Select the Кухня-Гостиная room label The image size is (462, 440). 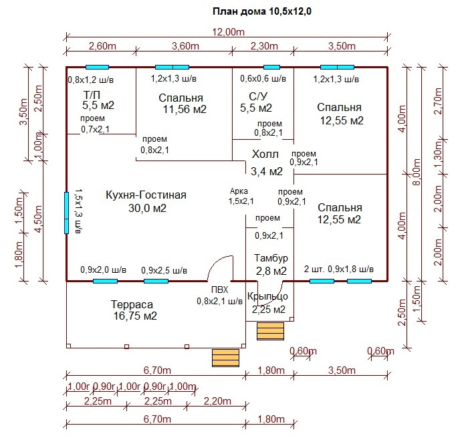[146, 195]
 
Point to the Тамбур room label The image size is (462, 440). [271, 258]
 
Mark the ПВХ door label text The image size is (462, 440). [219, 290]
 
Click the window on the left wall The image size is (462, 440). [66, 213]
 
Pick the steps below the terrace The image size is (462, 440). [225, 358]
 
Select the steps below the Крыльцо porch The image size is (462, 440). [271, 331]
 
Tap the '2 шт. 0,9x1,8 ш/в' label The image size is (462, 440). [339, 269]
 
